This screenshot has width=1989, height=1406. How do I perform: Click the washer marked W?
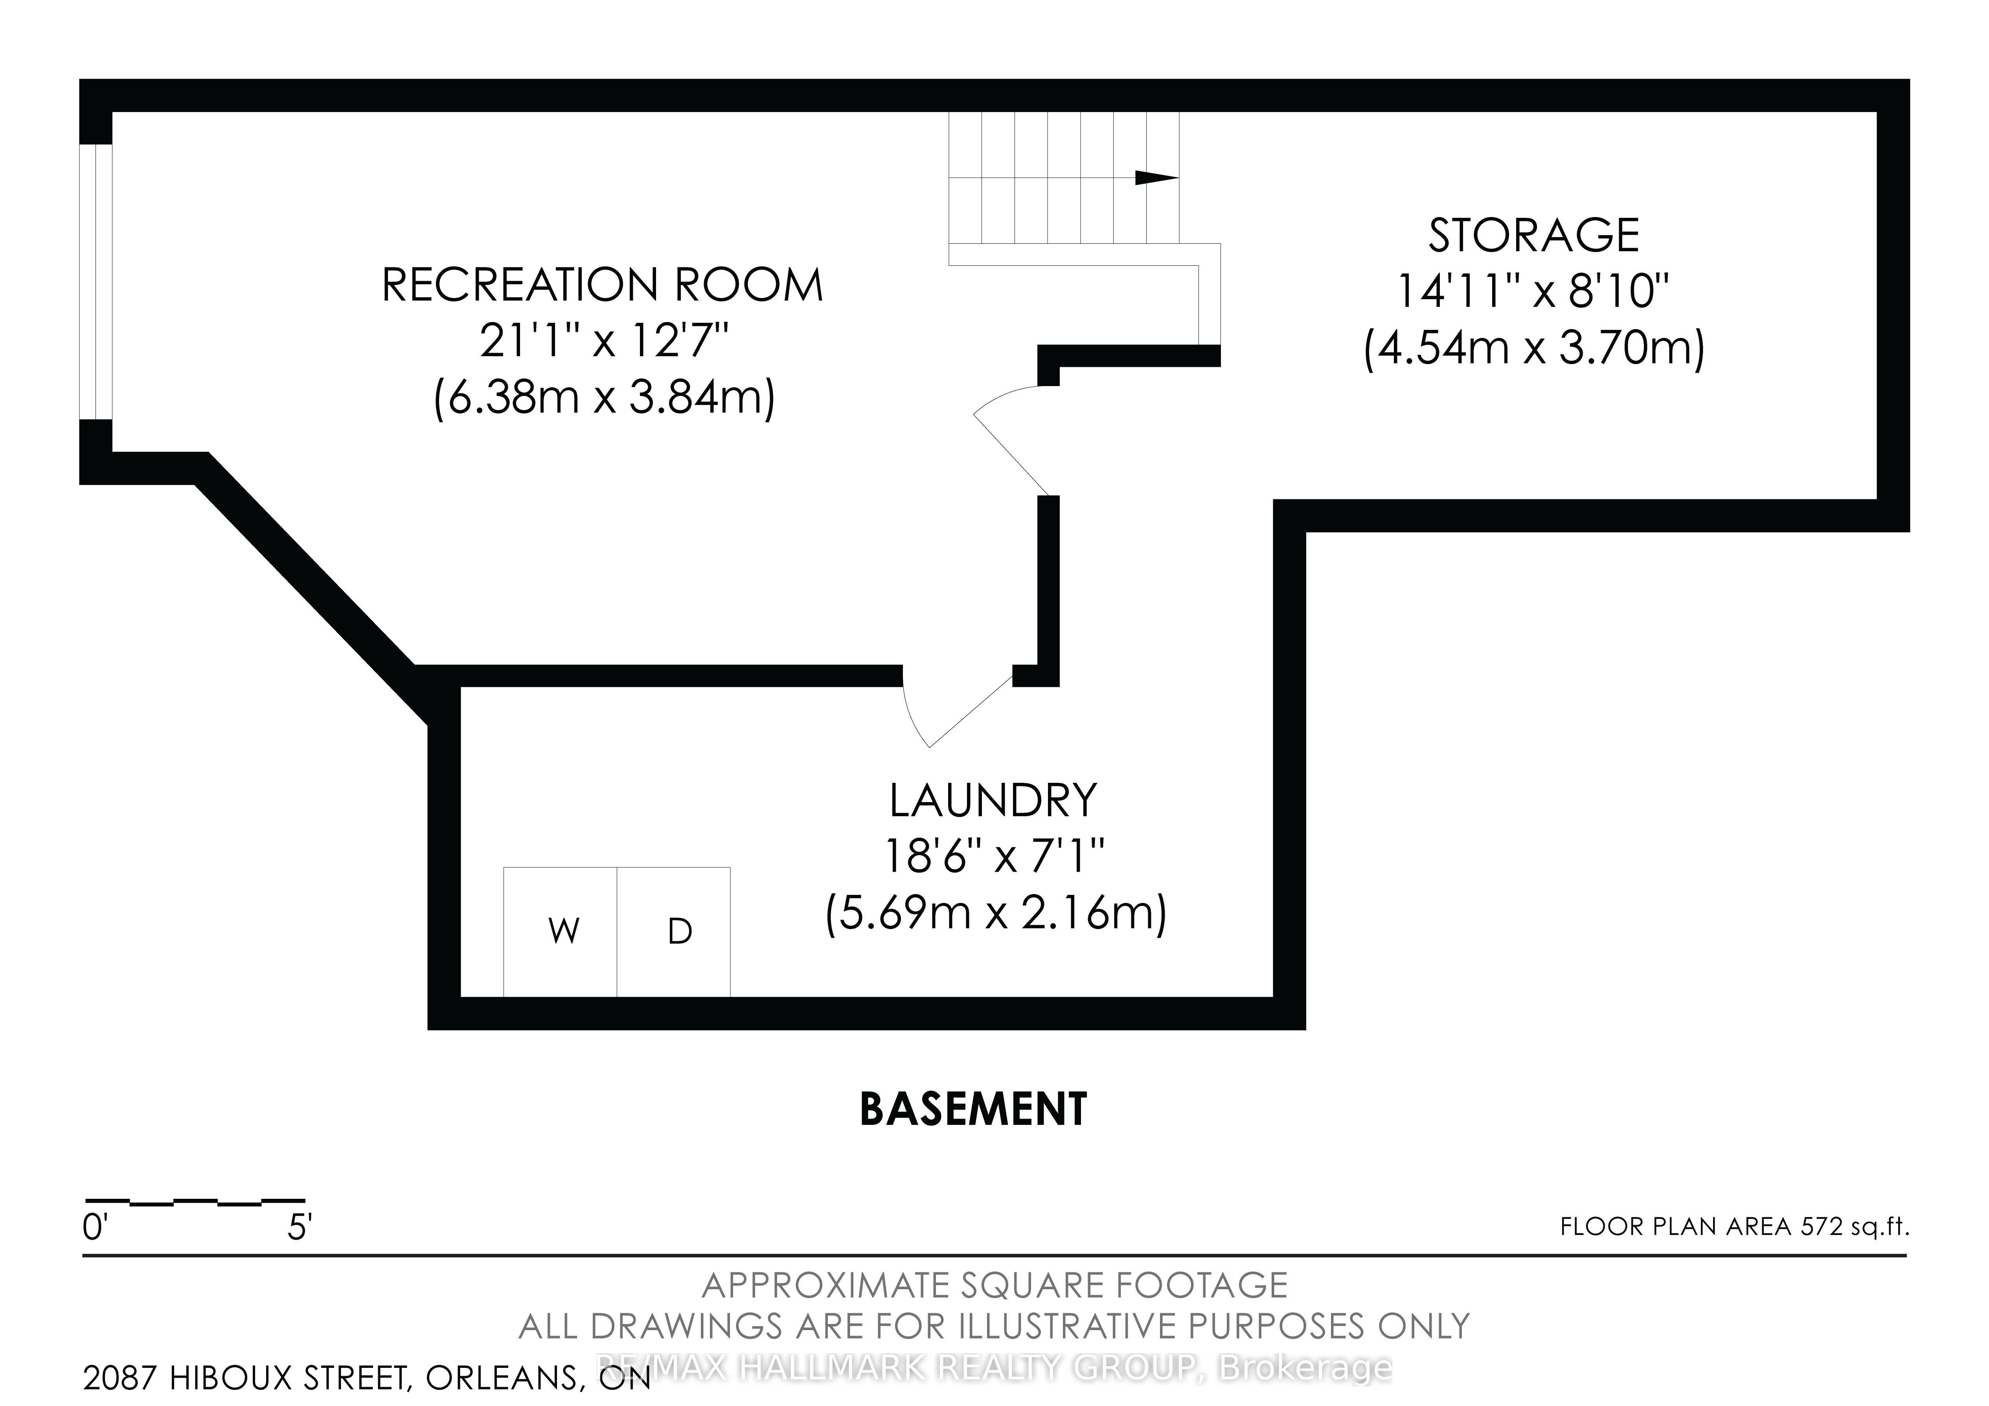(561, 931)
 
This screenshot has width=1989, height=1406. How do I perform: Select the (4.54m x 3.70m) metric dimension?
(1534, 348)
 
